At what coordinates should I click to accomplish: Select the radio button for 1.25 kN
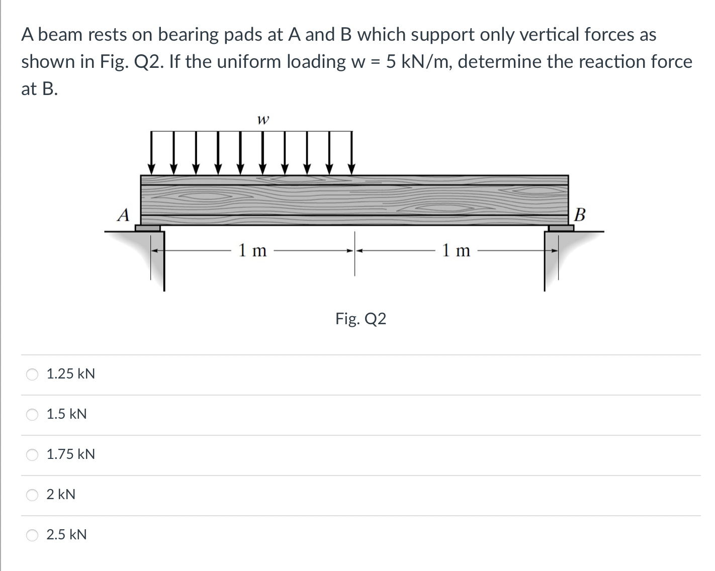tap(32, 374)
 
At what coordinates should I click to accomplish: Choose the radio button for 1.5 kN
tap(32, 414)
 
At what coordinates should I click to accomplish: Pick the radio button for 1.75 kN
tap(32, 454)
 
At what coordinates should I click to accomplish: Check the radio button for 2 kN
tap(32, 495)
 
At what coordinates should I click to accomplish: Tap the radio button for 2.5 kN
tap(32, 535)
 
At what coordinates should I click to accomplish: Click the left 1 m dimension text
tap(252, 250)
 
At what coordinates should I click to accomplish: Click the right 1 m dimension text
tap(456, 250)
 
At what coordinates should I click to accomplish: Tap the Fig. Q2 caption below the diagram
tap(361, 319)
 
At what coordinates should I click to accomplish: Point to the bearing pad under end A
tap(148, 228)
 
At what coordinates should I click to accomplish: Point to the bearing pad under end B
tap(561, 228)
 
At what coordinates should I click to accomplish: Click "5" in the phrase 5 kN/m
tap(391, 62)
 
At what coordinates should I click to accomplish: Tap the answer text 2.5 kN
tap(66, 535)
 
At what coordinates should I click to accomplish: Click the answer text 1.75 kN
tap(70, 454)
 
